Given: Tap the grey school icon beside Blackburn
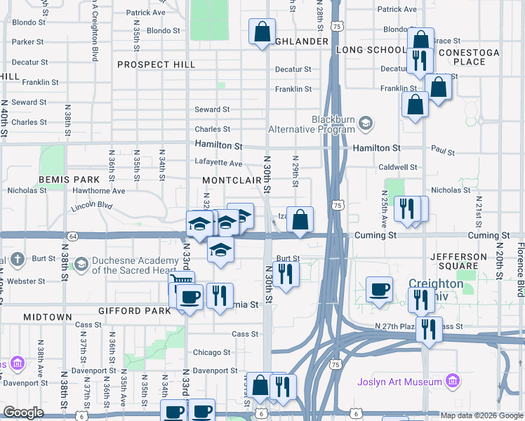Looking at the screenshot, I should (365, 124).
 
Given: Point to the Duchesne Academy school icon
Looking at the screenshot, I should (81, 264).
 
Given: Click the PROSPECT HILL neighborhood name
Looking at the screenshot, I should (156, 65).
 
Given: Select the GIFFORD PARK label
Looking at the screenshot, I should (135, 310).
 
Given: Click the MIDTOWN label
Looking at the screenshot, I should (48, 317).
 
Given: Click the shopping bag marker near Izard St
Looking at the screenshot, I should (300, 219).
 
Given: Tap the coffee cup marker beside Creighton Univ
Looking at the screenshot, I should (380, 289).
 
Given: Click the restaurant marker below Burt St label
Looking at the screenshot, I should (286, 273).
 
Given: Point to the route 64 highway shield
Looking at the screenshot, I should (73, 236).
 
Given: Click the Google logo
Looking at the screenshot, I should (24, 413).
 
